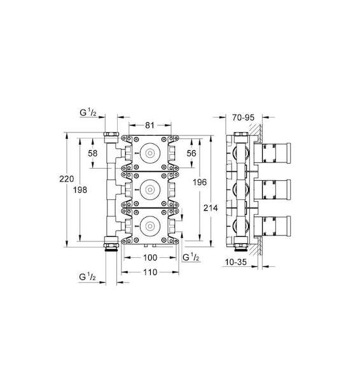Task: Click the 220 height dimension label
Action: (x=67, y=179)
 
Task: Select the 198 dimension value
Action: (x=80, y=190)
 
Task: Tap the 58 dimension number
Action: (x=93, y=153)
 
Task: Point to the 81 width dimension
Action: (x=150, y=125)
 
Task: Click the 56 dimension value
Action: (x=191, y=153)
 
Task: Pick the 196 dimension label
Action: (x=200, y=182)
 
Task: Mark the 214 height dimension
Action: (x=211, y=208)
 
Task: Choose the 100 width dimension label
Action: (x=150, y=257)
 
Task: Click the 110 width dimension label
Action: (x=150, y=272)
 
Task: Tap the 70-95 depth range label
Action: (x=243, y=117)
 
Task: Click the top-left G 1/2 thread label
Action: (x=88, y=112)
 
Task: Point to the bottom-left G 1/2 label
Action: (x=87, y=277)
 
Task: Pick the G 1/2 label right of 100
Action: (x=191, y=257)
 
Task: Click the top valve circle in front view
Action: (x=149, y=153)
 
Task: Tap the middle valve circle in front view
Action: (x=149, y=189)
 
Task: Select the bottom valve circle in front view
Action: (x=149, y=225)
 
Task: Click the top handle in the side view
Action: (x=272, y=153)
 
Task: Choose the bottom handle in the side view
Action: (x=272, y=226)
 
